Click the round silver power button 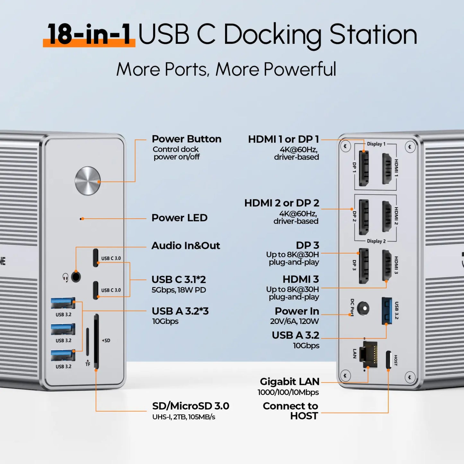(x=88, y=181)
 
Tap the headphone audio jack (x=76, y=276)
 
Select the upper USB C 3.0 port (x=96, y=258)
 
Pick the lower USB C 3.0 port (x=96, y=290)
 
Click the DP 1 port (x=363, y=168)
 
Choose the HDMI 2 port (x=386, y=216)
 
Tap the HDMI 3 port (x=386, y=265)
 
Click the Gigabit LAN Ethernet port (x=369, y=355)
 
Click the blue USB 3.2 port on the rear (x=387, y=311)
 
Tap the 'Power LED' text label (x=179, y=218)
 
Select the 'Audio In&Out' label (x=186, y=246)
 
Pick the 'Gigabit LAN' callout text (x=289, y=381)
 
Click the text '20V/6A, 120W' (x=294, y=321)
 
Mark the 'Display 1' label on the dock (x=376, y=144)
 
